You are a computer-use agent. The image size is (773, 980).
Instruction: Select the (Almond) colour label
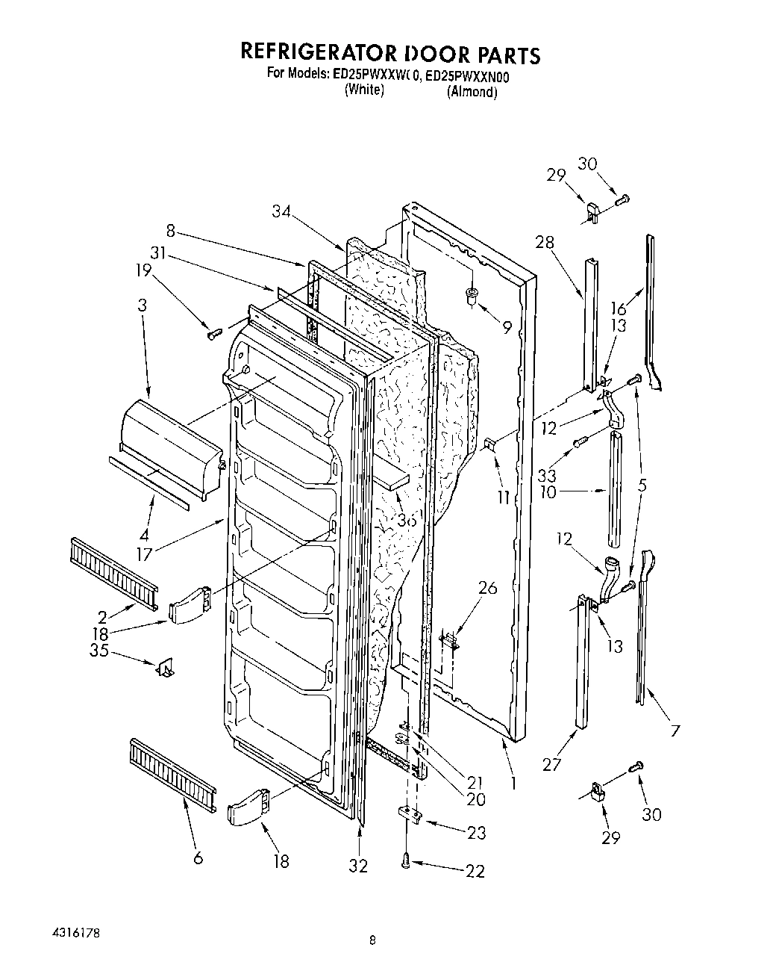coord(472,93)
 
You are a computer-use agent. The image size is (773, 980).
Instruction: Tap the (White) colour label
coord(363,90)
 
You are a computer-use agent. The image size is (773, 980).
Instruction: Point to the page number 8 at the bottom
coord(372,942)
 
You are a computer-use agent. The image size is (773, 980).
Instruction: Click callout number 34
coord(282,213)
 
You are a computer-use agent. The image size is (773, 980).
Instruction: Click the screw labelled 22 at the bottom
coord(406,862)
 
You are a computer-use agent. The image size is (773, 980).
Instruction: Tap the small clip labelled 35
coord(164,667)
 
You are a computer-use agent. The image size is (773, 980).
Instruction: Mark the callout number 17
coord(144,554)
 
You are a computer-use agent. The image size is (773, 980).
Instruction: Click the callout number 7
coord(675,730)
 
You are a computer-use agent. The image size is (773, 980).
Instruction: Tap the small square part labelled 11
coord(490,446)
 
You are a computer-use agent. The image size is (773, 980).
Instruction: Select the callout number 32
coord(358,865)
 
